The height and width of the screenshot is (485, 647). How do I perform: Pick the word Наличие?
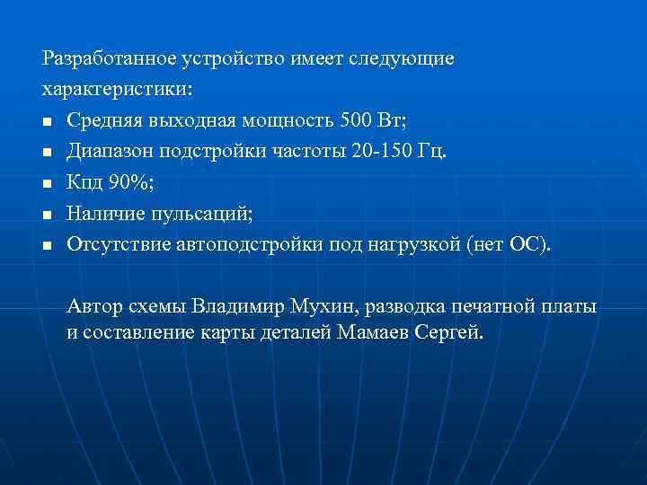(102, 213)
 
